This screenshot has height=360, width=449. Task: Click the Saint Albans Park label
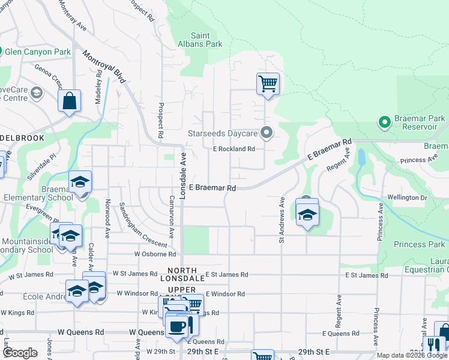pos(206,40)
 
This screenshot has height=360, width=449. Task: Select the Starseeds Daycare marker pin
pos(267,132)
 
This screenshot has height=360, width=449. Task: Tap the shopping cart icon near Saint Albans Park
pos(267,84)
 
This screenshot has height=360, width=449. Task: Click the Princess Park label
pos(420,244)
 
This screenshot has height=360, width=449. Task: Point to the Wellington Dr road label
pos(408,197)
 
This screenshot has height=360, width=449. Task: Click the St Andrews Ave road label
pos(281,220)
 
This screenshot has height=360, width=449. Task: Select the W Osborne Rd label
pos(154,254)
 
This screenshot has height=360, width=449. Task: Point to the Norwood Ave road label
pos(108,219)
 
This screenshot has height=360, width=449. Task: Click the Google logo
pos(20,353)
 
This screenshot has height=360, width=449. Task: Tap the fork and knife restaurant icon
pos(433,346)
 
